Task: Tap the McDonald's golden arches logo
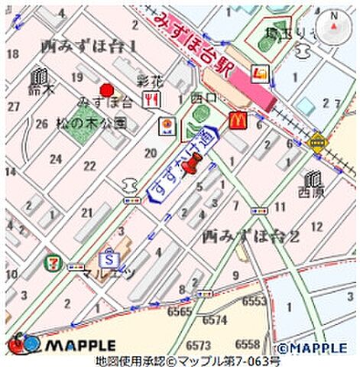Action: click(x=237, y=120)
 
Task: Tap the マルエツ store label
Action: click(x=109, y=273)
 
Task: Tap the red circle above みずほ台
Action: click(x=105, y=89)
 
